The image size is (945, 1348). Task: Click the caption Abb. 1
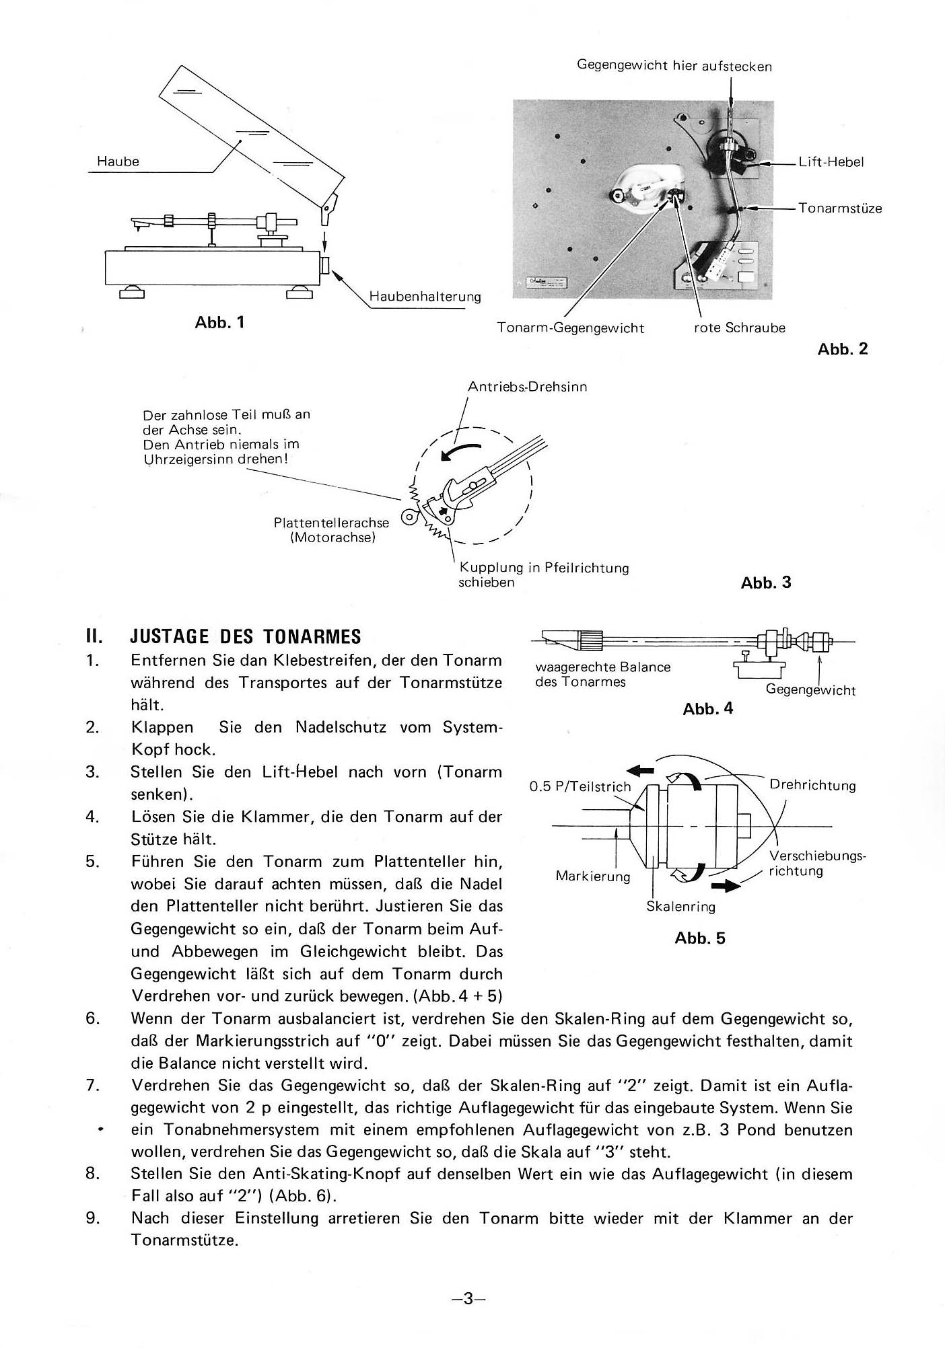click(x=219, y=322)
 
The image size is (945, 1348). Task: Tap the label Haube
click(x=118, y=161)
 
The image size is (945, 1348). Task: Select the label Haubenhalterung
click(x=425, y=297)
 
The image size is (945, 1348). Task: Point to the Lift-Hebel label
click(x=831, y=162)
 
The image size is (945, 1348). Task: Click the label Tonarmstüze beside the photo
click(x=840, y=208)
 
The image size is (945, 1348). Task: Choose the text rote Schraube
click(x=740, y=328)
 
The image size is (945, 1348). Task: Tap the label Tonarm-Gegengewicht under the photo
click(x=571, y=328)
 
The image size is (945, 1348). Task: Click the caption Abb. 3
click(x=766, y=583)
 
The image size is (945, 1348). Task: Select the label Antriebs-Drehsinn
click(x=528, y=387)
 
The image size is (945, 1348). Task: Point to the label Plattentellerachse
click(x=331, y=523)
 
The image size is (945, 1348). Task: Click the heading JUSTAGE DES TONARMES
click(x=246, y=636)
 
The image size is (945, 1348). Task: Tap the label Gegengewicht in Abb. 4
click(x=811, y=690)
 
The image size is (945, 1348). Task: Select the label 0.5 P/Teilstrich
click(x=580, y=786)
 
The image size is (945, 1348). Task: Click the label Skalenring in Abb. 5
click(x=681, y=907)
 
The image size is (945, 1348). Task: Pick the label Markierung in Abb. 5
click(x=593, y=876)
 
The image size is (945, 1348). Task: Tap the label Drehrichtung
click(x=813, y=786)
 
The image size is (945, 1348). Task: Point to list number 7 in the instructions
click(x=93, y=1086)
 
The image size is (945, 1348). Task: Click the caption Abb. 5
click(x=700, y=938)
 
